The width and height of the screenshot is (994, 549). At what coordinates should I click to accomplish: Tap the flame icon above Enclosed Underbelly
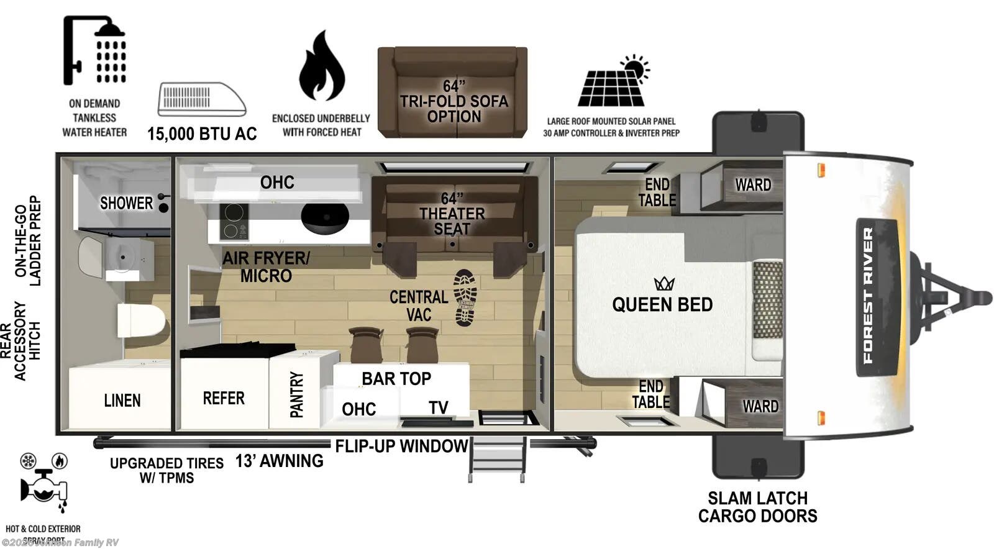click(x=321, y=66)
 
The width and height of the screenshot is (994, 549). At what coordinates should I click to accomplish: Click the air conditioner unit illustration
click(x=201, y=99)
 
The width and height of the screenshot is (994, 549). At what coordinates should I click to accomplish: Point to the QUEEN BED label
click(x=662, y=304)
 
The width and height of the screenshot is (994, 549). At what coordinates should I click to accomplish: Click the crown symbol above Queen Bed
click(x=664, y=284)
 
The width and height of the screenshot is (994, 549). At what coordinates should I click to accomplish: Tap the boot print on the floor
click(x=465, y=297)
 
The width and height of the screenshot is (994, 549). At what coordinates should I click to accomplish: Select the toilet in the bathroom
click(x=141, y=320)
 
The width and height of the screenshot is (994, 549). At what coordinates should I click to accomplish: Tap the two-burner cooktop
click(x=234, y=222)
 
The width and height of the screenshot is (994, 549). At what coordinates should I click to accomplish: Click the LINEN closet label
click(x=122, y=401)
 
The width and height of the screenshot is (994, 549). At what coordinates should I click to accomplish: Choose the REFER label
click(x=224, y=398)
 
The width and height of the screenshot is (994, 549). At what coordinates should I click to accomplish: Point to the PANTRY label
click(x=297, y=394)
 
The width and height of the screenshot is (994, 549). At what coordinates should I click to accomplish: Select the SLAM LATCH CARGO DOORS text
click(x=757, y=507)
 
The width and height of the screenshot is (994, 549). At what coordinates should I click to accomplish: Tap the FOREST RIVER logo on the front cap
click(x=869, y=296)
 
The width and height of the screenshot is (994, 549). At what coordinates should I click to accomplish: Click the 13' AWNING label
click(x=279, y=461)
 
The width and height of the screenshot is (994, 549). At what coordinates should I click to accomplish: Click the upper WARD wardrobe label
click(x=753, y=184)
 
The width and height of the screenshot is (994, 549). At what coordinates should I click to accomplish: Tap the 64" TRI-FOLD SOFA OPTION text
click(x=454, y=101)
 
